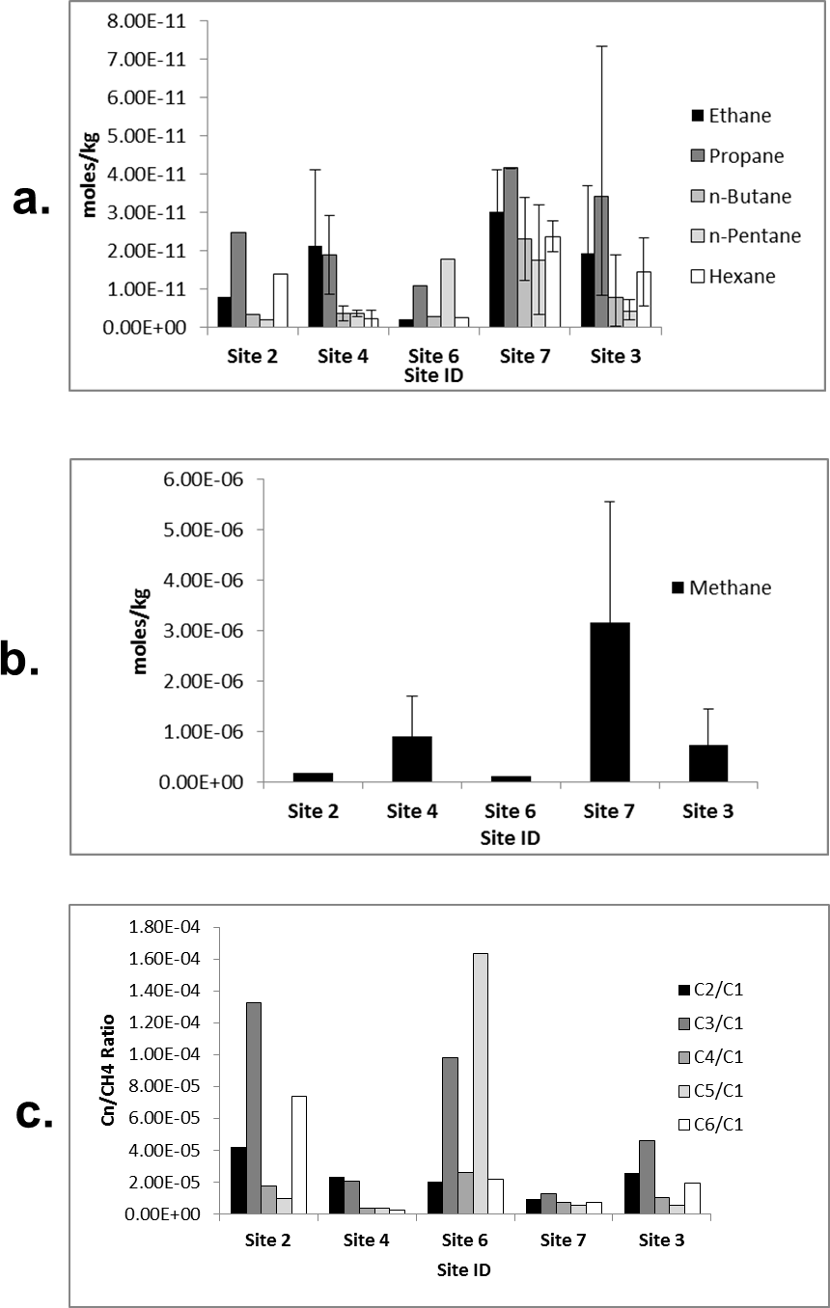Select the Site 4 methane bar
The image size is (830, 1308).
[x=411, y=758]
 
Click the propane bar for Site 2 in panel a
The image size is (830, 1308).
[x=238, y=280]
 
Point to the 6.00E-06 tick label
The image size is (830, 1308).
[x=203, y=479]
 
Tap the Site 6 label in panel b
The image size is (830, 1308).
[x=511, y=811]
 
